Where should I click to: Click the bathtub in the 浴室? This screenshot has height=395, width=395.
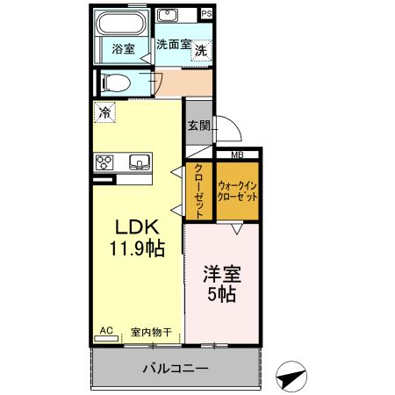coord(121,24)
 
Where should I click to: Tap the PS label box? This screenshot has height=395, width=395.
coord(206,14)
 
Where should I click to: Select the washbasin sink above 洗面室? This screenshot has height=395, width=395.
coord(168,15)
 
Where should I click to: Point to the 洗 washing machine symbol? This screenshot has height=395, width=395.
coord(201,50)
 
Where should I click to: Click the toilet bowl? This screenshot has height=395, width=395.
coord(115,83)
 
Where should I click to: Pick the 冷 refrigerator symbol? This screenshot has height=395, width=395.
coord(104,112)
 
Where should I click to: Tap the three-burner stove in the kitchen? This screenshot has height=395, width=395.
coord(104,162)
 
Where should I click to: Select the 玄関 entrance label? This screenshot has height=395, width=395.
coord(199,126)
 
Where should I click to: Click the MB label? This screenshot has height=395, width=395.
coord(237,155)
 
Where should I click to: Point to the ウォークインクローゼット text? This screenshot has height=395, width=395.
coord(237,191)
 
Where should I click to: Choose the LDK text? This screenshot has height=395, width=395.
coord(137,226)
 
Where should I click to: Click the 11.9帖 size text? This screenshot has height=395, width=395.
coord(137,248)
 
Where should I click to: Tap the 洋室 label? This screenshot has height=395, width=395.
coord(222,274)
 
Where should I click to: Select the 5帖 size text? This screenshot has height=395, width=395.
coord(222,294)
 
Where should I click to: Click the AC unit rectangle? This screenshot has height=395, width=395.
coord(106,339)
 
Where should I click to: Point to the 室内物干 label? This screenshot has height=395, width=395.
coord(151,332)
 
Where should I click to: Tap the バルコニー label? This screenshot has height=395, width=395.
coord(176,368)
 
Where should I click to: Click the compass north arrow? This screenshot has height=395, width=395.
coord(291,377)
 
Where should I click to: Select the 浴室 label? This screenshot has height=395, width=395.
coord(123,49)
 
